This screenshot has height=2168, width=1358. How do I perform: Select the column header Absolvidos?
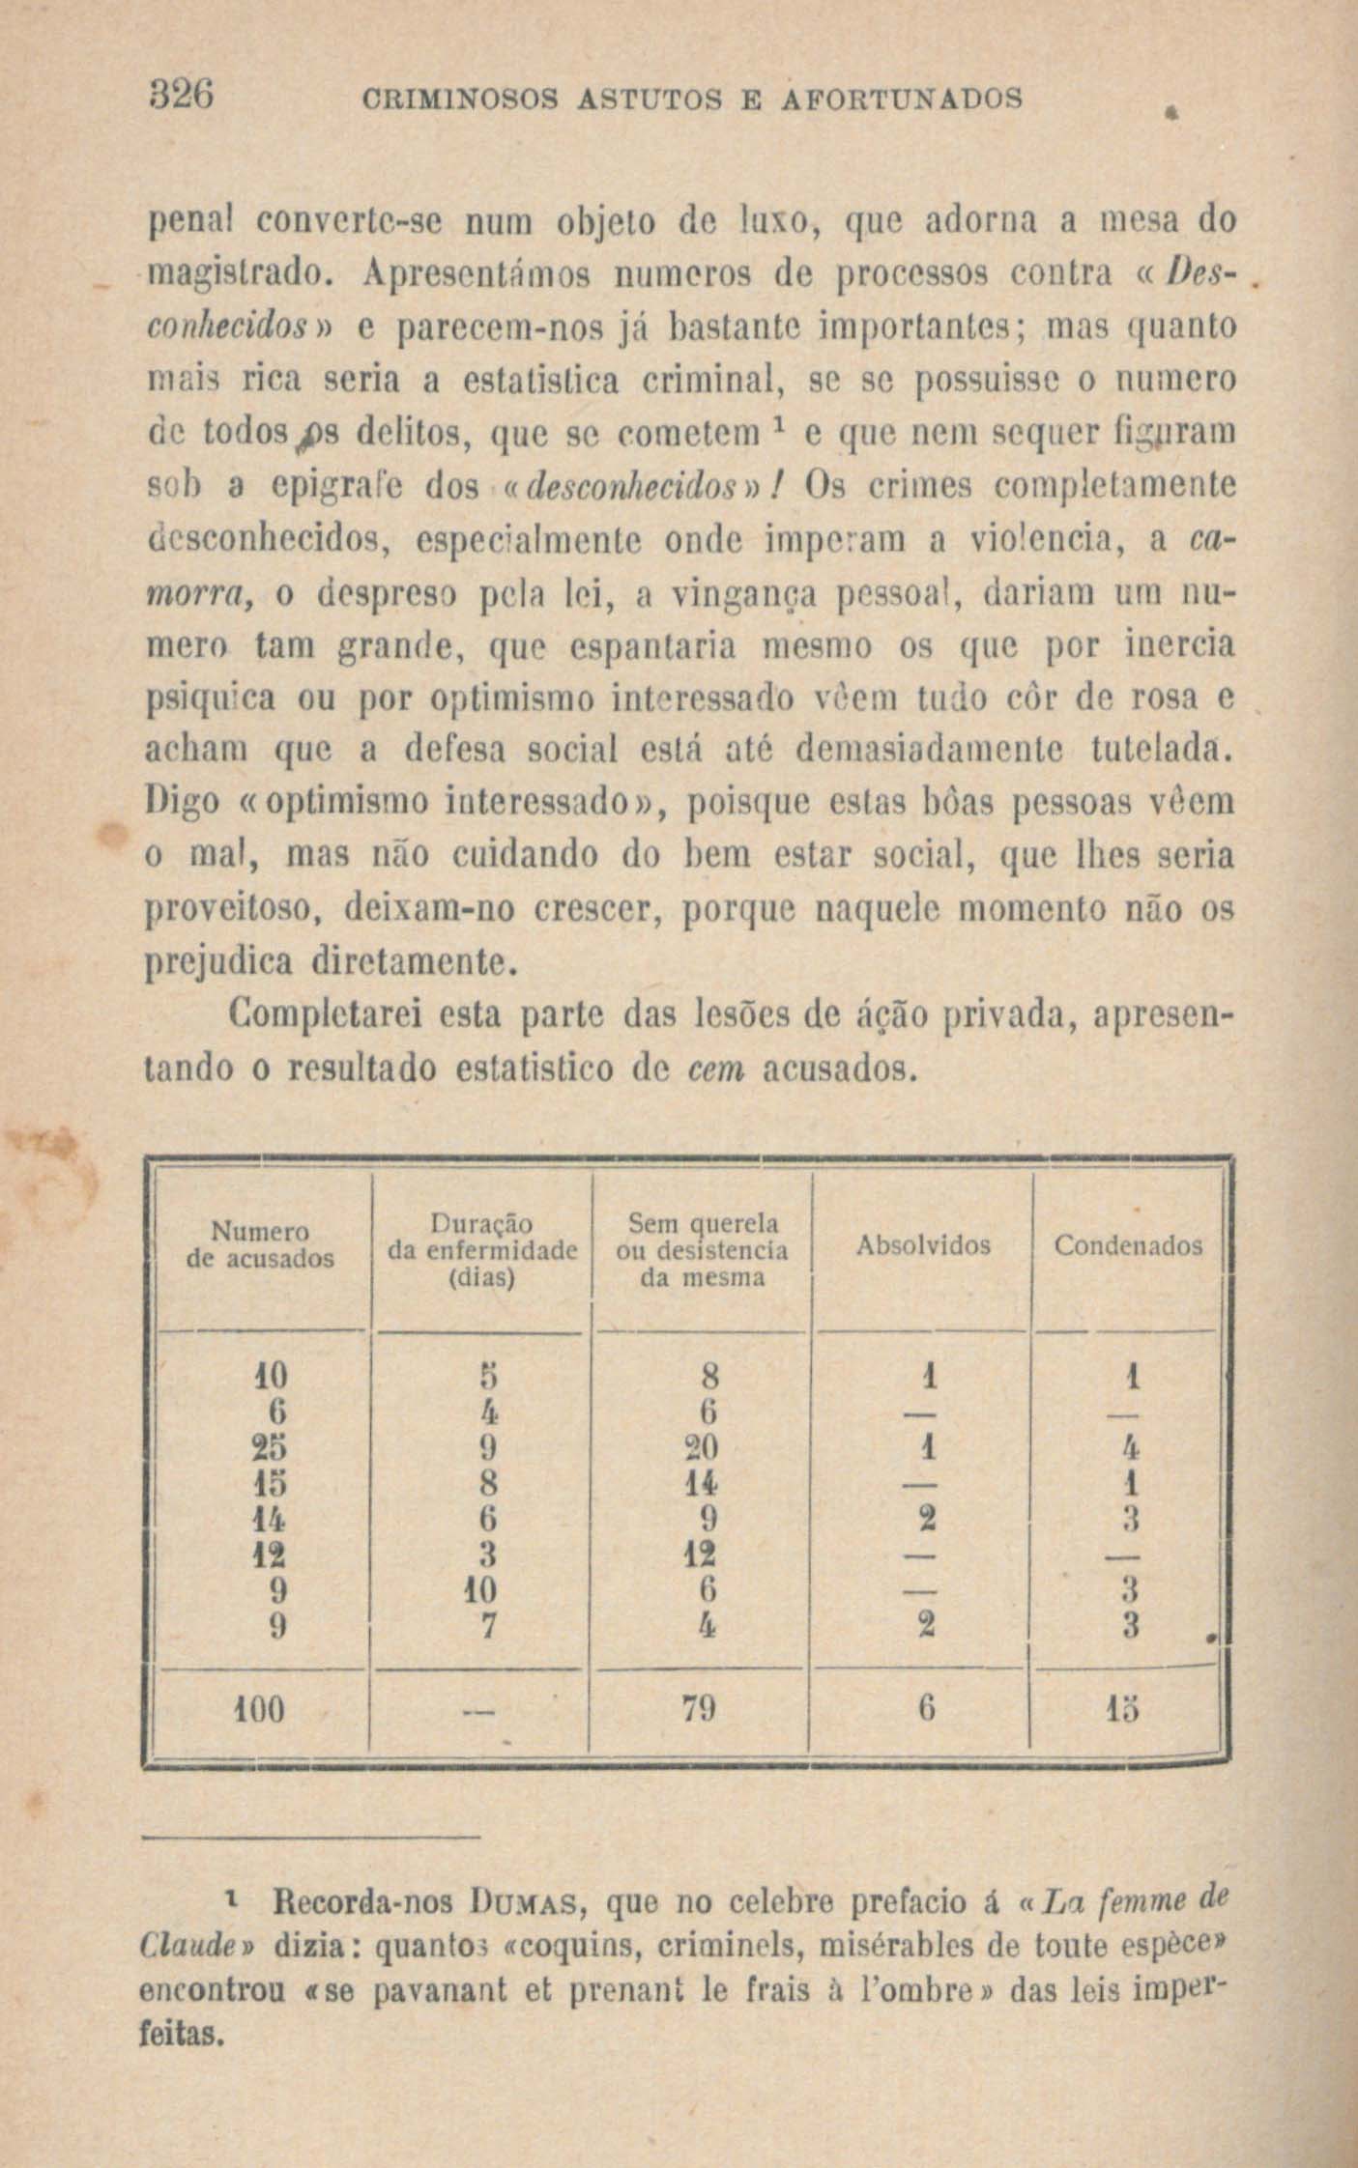pos(923,1245)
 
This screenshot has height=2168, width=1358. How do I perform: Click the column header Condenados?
pos(1128,1245)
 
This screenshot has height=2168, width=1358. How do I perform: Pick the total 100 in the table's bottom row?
pos(259,1711)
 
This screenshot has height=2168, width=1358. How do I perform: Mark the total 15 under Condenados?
pos(1132,1711)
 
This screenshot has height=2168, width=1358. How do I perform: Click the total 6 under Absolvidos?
pos(925,1711)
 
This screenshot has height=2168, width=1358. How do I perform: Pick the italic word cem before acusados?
pos(714,1070)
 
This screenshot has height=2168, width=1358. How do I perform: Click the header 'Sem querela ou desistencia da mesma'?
pos(702,1250)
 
